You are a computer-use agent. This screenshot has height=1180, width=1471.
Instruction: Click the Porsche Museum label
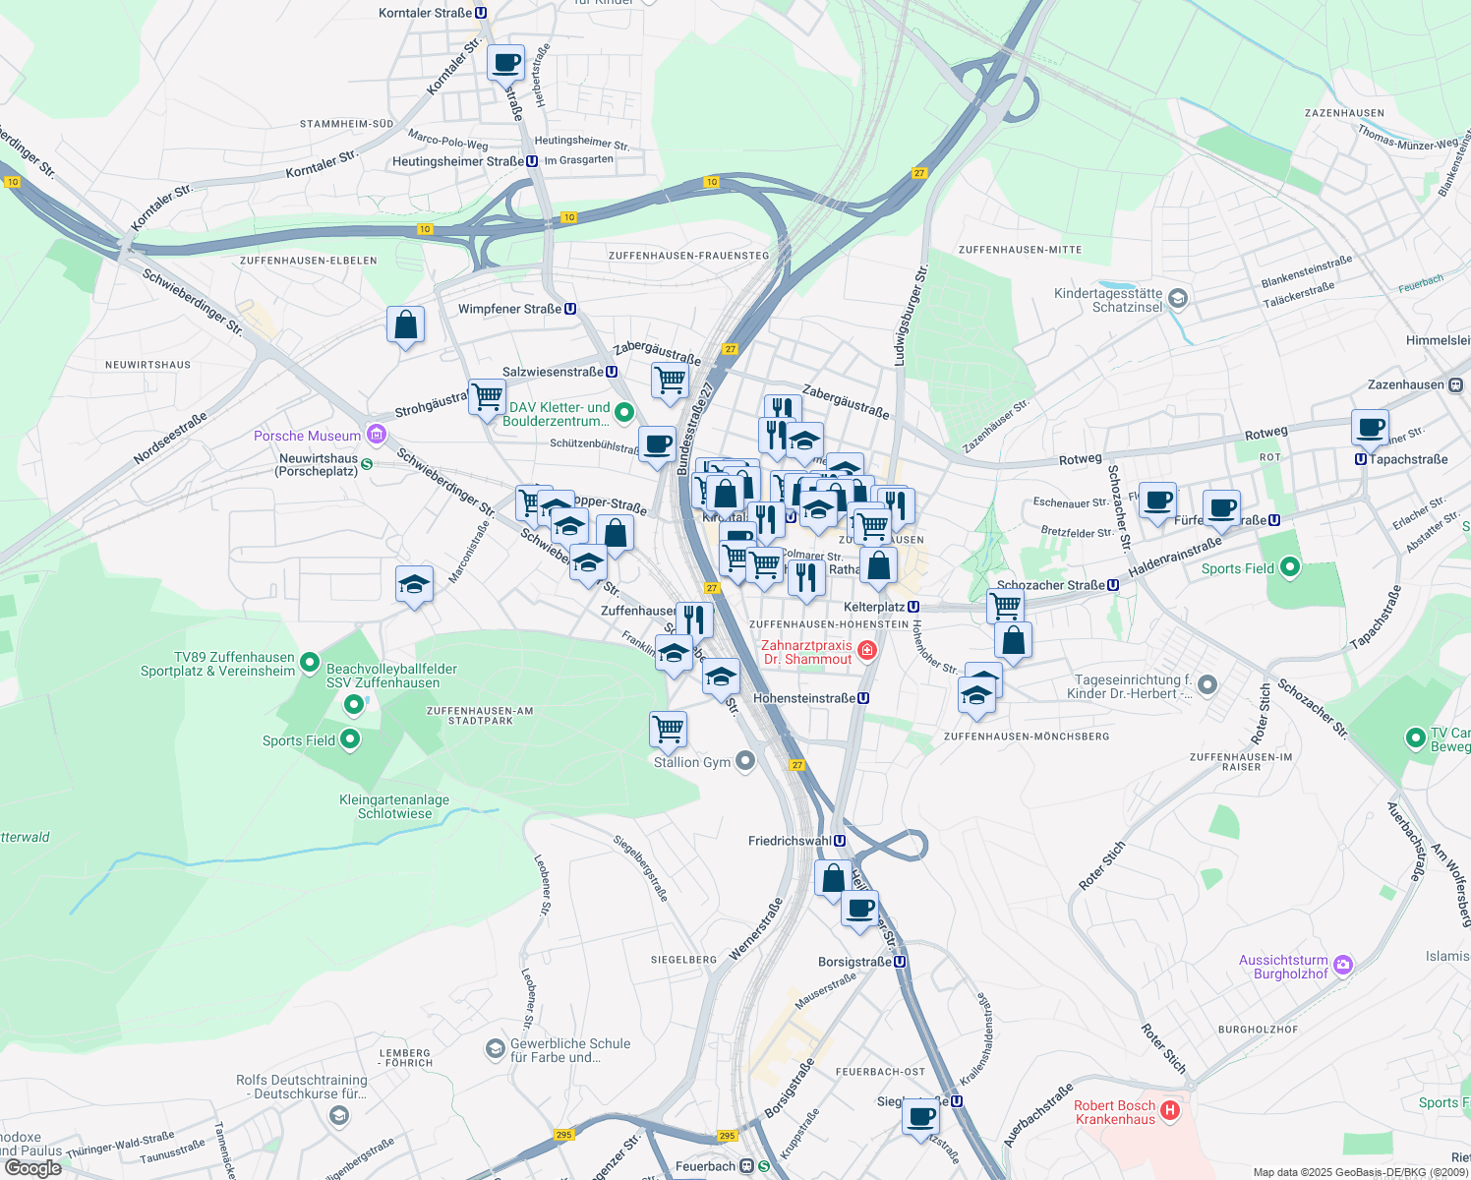click(307, 436)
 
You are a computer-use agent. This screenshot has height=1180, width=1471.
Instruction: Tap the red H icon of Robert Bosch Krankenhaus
click(1169, 1111)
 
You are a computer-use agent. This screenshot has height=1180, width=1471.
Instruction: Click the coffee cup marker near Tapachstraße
click(1370, 428)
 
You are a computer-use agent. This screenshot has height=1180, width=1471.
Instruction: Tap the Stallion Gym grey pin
click(745, 761)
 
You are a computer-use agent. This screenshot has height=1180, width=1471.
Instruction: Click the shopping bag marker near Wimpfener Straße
click(405, 324)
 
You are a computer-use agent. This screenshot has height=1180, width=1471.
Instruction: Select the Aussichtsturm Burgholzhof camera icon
click(1344, 966)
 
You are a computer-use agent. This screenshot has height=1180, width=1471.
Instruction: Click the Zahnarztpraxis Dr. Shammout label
click(806, 652)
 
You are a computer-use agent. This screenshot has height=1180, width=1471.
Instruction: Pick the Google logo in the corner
click(33, 1168)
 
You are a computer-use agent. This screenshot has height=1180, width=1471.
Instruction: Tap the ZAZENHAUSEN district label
click(1344, 113)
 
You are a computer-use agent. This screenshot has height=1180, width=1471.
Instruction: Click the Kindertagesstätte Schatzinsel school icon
click(1178, 298)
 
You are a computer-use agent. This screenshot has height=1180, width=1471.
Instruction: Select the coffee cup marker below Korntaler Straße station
click(506, 64)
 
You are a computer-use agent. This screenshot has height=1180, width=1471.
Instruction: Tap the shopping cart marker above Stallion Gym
click(669, 730)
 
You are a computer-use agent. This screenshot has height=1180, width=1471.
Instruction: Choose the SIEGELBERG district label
click(683, 959)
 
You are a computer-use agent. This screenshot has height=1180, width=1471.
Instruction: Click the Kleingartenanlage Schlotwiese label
click(394, 806)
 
